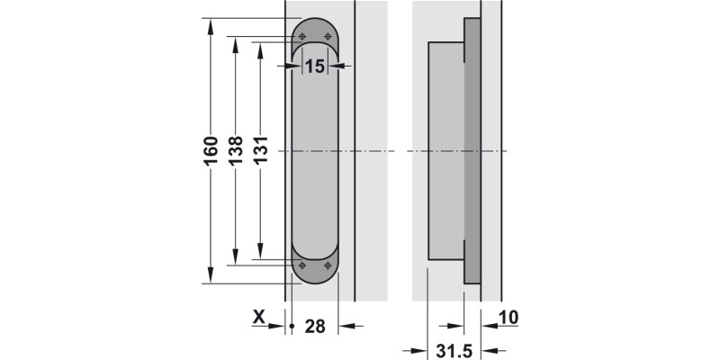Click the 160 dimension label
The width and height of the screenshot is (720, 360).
click(x=210, y=151)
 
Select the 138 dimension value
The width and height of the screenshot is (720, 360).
click(x=235, y=151)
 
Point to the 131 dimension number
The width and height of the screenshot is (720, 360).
click(x=260, y=151)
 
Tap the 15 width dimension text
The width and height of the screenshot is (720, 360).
click(x=314, y=66)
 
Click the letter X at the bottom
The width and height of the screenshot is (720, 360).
click(x=259, y=317)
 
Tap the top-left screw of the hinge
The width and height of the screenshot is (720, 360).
click(x=302, y=36)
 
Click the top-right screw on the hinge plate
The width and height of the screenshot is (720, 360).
click(x=328, y=36)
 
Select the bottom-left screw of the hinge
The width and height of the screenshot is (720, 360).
click(x=302, y=265)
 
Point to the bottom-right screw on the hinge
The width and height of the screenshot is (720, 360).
click(x=328, y=265)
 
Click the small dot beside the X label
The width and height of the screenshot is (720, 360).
click(x=293, y=326)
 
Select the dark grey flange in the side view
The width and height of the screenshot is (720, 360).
click(x=472, y=151)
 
